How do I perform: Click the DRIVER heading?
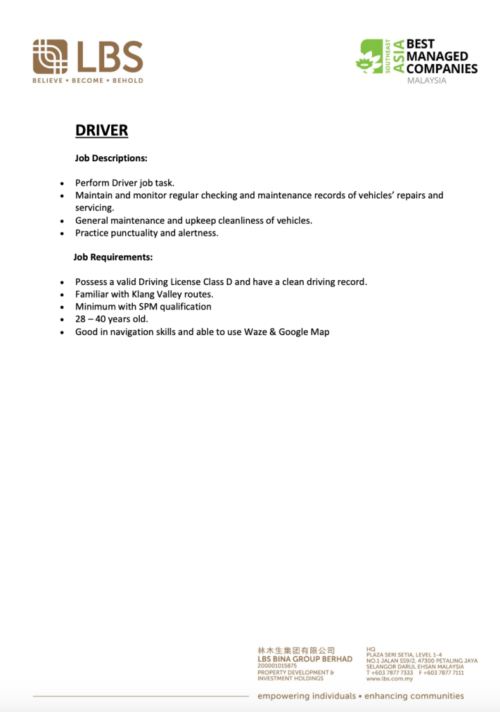pos(102,131)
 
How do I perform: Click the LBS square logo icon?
pos(50,56)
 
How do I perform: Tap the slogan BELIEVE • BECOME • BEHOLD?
pos(88,81)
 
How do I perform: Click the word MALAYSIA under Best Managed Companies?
pos(426,81)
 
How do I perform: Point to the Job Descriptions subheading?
pos(111,159)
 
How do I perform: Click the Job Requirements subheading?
pos(113,257)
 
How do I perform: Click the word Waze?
pos(256,332)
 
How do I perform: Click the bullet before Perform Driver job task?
pos(62,184)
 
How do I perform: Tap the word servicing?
pos(94,208)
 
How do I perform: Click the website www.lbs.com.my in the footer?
pos(389,679)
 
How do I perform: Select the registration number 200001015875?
pos(277,666)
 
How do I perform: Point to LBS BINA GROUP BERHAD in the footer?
pos(305,659)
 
